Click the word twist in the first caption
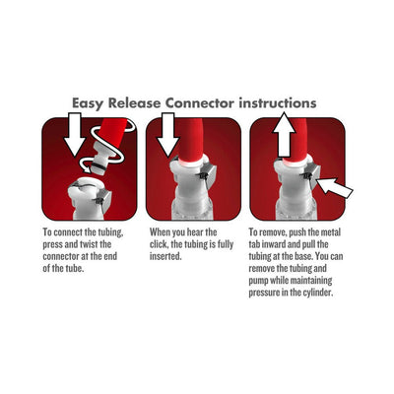[x=91, y=243]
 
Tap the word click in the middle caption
[x=159, y=243]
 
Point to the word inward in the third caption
[x=280, y=243]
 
